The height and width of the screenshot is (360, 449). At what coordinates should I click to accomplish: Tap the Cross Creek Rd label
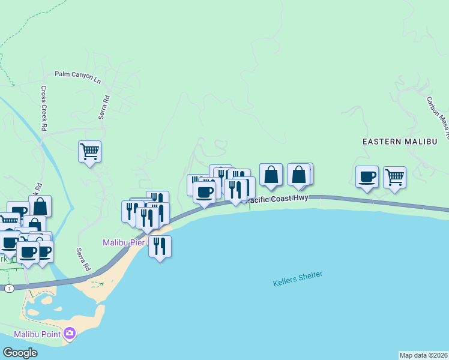tap(44, 108)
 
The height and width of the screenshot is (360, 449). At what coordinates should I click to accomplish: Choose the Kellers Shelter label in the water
tap(298, 278)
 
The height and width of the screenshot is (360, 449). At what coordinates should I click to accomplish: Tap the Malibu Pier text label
tap(122, 242)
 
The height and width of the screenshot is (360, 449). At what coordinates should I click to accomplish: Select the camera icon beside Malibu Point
tap(70, 333)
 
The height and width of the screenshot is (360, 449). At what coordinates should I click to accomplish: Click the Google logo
tap(20, 353)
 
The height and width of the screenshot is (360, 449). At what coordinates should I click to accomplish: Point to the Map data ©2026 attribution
tap(423, 355)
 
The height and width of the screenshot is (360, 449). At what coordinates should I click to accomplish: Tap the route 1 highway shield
tap(9, 289)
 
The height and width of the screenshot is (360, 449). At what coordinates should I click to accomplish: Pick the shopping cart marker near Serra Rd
tap(89, 151)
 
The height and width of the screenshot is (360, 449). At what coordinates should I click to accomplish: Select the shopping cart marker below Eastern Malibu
tap(394, 177)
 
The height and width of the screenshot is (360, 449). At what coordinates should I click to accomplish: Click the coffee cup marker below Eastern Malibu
tap(367, 177)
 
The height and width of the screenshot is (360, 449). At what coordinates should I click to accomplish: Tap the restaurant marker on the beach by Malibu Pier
tap(160, 246)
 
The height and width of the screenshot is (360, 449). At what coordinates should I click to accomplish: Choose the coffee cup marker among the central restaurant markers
tap(205, 193)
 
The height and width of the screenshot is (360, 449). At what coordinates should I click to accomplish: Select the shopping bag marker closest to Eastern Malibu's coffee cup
tap(299, 175)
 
